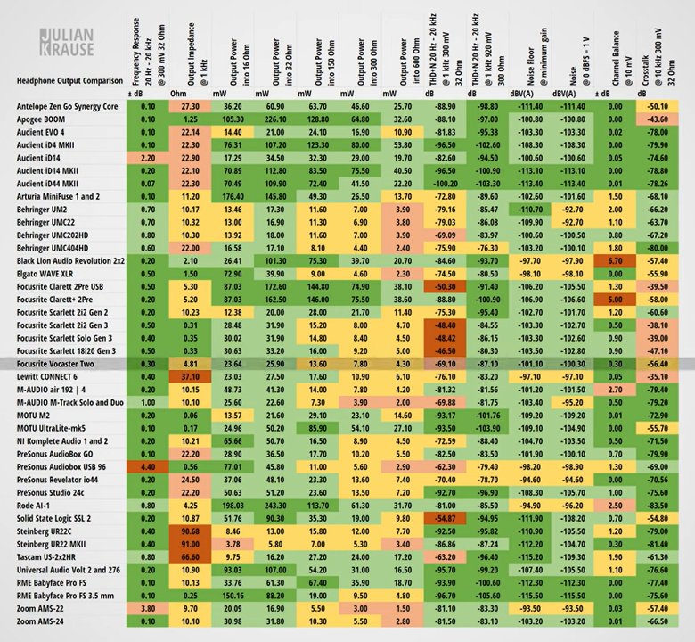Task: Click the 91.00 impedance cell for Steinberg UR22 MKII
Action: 191,543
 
